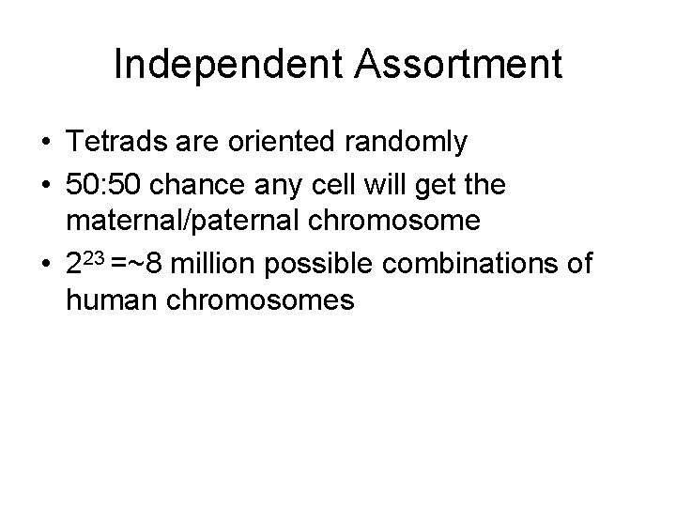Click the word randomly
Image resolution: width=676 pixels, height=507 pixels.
[x=415, y=143]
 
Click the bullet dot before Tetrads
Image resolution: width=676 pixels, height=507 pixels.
[x=44, y=144]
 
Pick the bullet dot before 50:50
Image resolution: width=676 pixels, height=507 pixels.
[x=44, y=186]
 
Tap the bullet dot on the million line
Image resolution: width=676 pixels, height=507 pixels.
[x=44, y=265]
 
